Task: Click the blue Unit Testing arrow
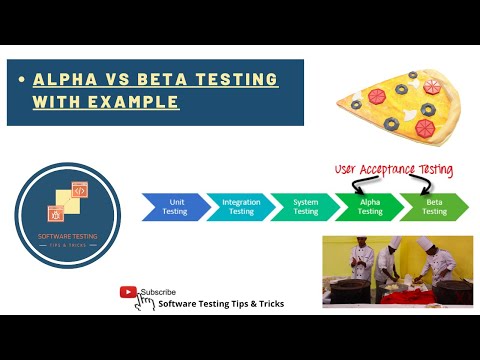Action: click(x=174, y=206)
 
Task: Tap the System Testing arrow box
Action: click(x=305, y=206)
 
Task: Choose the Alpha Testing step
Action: click(x=369, y=206)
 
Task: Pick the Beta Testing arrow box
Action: click(x=433, y=206)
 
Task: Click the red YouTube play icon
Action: click(x=129, y=292)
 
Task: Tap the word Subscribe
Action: click(x=158, y=292)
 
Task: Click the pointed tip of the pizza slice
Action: click(x=339, y=102)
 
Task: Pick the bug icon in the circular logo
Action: click(x=58, y=213)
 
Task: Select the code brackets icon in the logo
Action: click(x=75, y=196)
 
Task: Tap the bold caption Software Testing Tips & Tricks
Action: click(x=221, y=304)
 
